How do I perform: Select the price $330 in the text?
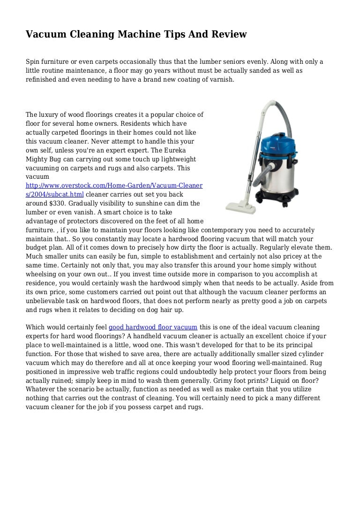click(x=57, y=203)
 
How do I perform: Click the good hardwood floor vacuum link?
click(x=153, y=327)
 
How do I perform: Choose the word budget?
click(x=37, y=247)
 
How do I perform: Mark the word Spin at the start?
click(x=33, y=62)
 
